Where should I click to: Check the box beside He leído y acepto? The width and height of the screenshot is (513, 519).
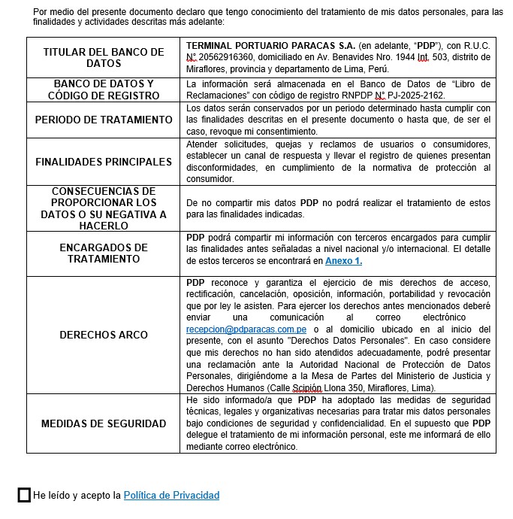tap(24, 495)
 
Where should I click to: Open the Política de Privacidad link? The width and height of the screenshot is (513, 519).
tap(171, 496)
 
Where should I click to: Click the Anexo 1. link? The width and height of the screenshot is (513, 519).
tap(343, 261)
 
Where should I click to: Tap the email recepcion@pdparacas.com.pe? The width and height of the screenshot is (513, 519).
tap(246, 329)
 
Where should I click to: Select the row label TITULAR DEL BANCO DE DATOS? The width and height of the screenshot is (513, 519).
tap(103, 58)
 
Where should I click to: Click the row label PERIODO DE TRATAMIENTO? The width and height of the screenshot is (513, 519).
tap(104, 120)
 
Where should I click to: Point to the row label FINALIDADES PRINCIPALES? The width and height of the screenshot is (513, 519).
tap(104, 162)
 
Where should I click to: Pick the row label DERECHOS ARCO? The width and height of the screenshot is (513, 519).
tap(104, 335)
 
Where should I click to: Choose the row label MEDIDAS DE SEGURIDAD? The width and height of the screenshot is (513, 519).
tap(104, 423)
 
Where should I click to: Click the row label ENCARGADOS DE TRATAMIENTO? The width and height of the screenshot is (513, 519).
tap(104, 253)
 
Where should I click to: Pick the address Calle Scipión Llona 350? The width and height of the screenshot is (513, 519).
tap(336, 387)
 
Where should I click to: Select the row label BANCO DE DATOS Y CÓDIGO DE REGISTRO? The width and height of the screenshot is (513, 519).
tap(104, 90)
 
